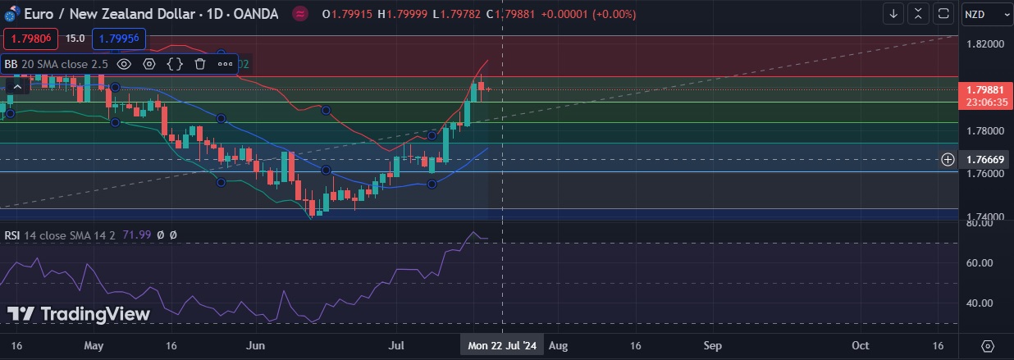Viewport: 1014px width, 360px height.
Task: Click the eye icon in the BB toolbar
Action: click(x=124, y=63)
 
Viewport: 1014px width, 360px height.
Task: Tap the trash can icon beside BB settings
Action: click(x=199, y=63)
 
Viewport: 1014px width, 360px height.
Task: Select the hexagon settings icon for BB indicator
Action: click(x=149, y=63)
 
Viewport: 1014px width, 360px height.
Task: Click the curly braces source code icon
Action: click(x=175, y=63)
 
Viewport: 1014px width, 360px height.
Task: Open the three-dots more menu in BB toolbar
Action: click(x=225, y=63)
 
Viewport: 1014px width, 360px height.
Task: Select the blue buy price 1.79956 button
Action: click(x=120, y=38)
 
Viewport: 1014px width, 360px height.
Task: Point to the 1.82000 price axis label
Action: click(x=984, y=43)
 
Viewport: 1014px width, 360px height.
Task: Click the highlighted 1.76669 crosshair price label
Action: click(x=985, y=159)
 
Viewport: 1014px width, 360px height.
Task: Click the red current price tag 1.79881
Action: click(x=985, y=89)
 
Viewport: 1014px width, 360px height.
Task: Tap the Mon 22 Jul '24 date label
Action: click(x=502, y=346)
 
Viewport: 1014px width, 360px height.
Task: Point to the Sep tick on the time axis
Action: click(x=712, y=346)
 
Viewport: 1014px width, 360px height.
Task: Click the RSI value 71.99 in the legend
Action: click(x=137, y=235)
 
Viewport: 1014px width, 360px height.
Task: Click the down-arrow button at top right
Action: click(x=893, y=14)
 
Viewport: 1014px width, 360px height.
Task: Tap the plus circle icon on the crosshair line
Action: click(x=948, y=159)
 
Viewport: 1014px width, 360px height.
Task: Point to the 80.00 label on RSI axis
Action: click(x=980, y=222)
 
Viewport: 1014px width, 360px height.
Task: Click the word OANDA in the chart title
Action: click(x=255, y=14)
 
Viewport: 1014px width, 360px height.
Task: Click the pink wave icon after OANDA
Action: click(x=300, y=14)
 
